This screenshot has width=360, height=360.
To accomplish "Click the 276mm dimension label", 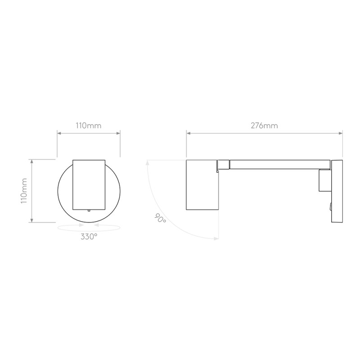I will click(264, 126).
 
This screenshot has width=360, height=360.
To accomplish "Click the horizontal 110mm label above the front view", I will click(89, 126).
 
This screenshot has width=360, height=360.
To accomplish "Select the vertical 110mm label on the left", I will click(24, 190).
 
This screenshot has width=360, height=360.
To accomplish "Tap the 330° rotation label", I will click(89, 236).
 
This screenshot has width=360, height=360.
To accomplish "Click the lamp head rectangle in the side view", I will click(202, 184).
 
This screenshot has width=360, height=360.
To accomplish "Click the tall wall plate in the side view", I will click(337, 190).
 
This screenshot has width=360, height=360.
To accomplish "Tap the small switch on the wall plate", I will click(330, 207).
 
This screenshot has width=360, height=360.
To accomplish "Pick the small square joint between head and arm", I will click(224, 165).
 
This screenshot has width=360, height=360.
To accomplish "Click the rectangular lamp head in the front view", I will click(89, 184).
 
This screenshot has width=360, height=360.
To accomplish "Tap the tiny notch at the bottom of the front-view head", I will click(89, 209).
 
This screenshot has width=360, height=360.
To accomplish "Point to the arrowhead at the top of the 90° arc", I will click(147, 163).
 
